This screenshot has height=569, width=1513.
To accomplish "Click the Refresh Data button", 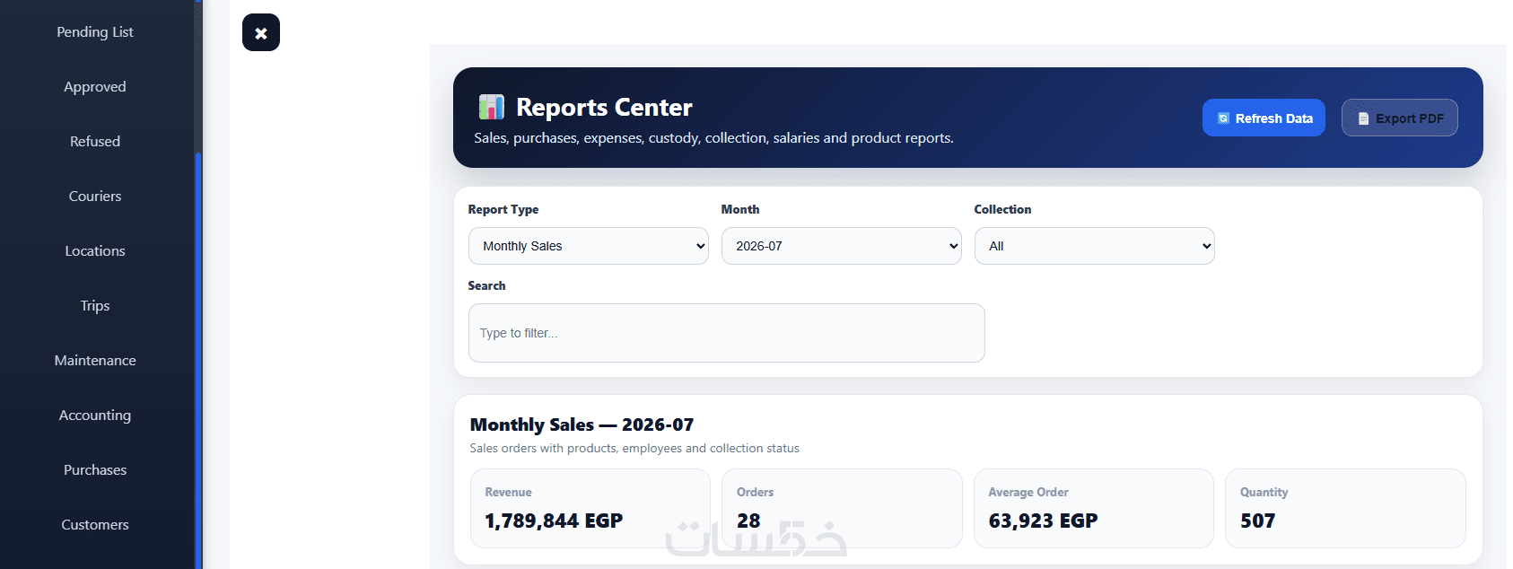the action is (1264, 118).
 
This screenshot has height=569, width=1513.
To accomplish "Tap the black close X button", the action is (261, 32).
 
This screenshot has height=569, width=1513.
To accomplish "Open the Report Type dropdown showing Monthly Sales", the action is (589, 246).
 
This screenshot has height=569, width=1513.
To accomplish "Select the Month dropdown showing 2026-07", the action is (841, 246).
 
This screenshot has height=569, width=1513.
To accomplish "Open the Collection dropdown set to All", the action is (1094, 246).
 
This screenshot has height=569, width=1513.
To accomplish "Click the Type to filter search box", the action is (726, 332).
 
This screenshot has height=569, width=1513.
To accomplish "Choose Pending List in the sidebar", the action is (94, 31).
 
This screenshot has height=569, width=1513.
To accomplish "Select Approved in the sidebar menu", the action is (94, 86).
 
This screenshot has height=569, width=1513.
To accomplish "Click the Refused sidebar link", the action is (94, 141).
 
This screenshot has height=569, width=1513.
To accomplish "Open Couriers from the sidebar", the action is (94, 196).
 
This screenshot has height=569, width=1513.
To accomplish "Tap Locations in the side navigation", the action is (94, 250).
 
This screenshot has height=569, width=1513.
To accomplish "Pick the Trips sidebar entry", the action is (94, 305).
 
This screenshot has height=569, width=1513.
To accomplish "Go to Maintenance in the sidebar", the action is (94, 360).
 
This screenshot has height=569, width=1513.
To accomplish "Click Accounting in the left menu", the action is (94, 415).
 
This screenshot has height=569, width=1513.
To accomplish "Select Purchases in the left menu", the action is (94, 469).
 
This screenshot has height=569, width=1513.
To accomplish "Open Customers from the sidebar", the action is (94, 524).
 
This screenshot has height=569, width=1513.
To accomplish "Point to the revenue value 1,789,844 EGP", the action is (554, 521).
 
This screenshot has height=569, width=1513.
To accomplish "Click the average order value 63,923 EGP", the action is (1043, 521).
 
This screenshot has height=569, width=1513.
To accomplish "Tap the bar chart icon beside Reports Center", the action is (491, 107).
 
